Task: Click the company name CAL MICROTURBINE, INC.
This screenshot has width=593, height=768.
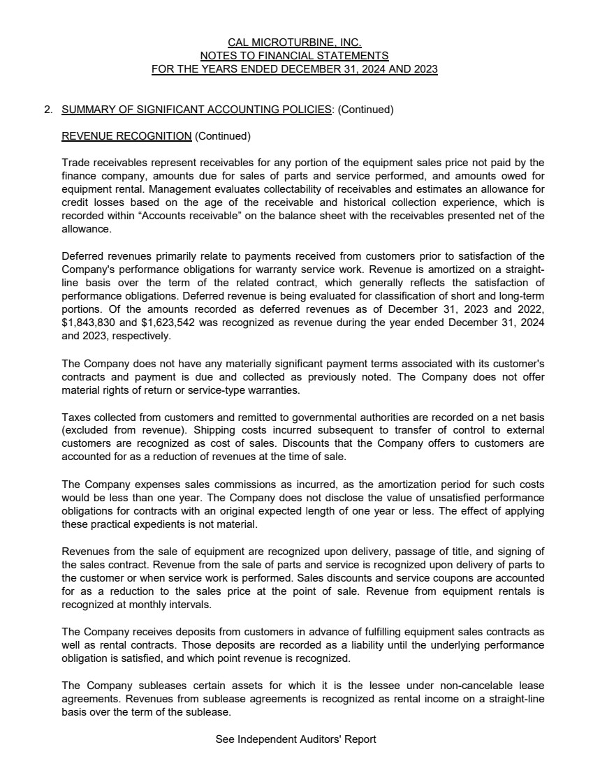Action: [294, 43]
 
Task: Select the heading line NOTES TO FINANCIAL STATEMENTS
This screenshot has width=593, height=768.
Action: [294, 56]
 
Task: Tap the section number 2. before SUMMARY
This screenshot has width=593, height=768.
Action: [48, 110]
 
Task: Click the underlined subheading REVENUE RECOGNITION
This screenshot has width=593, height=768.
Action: [126, 135]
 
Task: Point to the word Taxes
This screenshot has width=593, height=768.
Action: [75, 418]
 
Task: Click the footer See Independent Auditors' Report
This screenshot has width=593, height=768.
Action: [296, 739]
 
